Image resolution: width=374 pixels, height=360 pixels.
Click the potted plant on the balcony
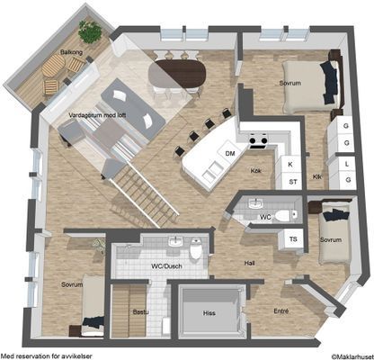90,31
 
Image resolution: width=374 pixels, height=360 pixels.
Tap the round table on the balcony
53,66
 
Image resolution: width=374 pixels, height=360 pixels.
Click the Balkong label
71,52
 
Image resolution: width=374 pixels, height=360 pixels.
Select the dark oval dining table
177,74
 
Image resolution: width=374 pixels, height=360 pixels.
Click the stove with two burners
258,141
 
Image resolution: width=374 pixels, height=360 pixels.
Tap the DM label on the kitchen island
230,154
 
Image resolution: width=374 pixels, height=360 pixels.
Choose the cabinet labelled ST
292,181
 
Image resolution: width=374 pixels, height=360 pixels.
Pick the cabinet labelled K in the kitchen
290,165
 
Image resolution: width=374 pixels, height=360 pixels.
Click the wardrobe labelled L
347,164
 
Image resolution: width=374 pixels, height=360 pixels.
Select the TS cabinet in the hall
293,239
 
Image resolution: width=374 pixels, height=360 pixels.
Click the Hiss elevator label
209,313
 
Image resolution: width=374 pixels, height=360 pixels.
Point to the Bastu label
140,312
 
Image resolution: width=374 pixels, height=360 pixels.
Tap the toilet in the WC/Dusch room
196,248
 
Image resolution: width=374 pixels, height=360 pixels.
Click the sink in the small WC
254,204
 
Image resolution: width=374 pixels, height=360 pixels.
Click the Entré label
281,311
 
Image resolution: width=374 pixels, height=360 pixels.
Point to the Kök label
255,171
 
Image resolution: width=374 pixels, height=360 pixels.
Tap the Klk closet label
317,176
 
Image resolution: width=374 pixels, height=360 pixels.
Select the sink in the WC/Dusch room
174,242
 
